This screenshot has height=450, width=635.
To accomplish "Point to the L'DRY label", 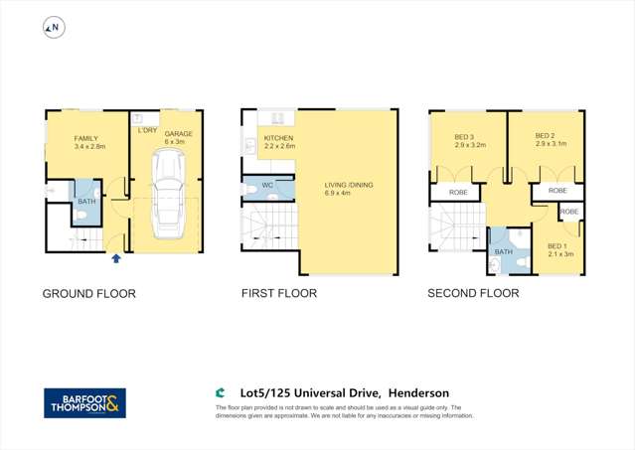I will (145, 130).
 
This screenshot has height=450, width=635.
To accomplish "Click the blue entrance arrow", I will (116, 258).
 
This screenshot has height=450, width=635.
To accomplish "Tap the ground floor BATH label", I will (86, 203).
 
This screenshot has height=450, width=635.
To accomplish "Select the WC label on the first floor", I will (267, 185).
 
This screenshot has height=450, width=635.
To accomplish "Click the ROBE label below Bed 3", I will (458, 193).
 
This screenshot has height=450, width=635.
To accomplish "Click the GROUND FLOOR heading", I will (88, 294).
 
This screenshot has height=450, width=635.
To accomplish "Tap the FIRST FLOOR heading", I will (279, 294).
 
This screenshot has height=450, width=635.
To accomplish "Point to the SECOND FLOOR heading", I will (473, 294).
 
